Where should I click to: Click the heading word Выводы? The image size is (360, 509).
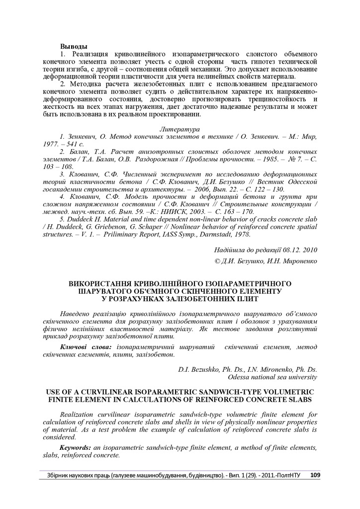pos(74,46)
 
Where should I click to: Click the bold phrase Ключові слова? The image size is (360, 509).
pos(86,346)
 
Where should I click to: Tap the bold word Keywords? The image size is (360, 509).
pos(79,447)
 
